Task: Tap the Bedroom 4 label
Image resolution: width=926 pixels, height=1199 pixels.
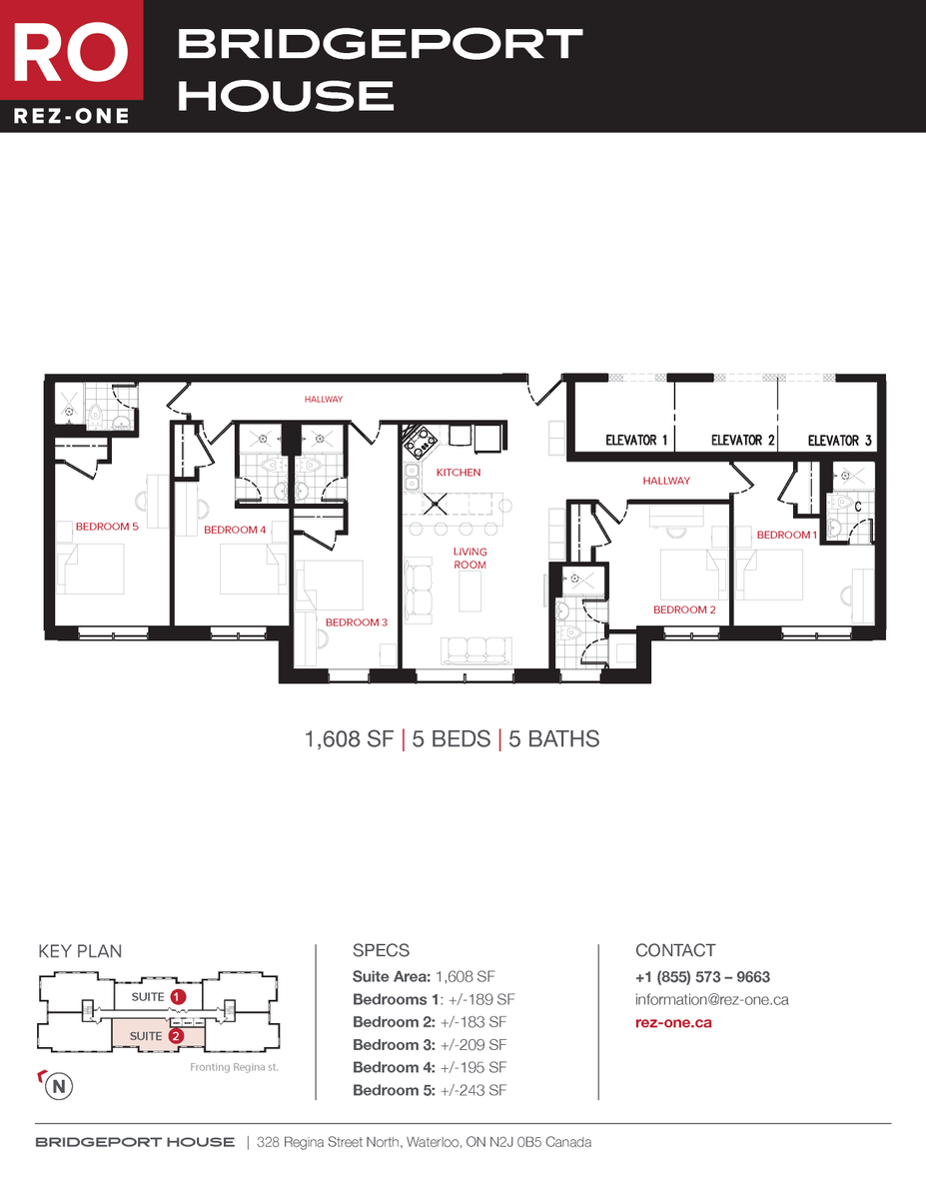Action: point(235,530)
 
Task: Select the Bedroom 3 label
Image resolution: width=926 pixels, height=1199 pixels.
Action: point(356,622)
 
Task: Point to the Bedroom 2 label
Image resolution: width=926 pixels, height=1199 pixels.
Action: point(684,609)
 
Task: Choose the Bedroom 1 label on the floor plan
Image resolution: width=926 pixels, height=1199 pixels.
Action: point(786,535)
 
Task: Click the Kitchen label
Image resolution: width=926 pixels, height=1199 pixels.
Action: point(458,472)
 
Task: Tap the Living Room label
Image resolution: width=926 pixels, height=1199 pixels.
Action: point(469,559)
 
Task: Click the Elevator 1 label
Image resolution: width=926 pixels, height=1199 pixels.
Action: point(636,440)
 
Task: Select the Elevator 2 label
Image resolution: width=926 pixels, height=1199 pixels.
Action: point(742,440)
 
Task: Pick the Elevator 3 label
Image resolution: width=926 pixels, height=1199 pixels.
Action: point(839,440)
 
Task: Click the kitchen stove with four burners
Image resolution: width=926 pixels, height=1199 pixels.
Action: point(417,440)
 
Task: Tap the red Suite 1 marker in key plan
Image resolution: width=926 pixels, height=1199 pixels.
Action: point(178,997)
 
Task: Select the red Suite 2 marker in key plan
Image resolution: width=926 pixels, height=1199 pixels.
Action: point(176,1036)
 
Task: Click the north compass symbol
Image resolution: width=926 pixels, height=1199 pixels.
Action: point(60,1085)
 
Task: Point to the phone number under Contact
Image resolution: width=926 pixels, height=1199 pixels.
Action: point(702,977)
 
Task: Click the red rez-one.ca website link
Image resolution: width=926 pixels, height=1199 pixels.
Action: point(673,1022)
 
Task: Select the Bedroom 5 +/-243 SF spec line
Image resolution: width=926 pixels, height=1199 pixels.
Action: point(430,1090)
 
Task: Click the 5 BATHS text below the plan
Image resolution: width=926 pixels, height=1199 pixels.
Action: point(553,739)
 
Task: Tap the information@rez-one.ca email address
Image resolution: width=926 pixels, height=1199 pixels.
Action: point(711,999)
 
